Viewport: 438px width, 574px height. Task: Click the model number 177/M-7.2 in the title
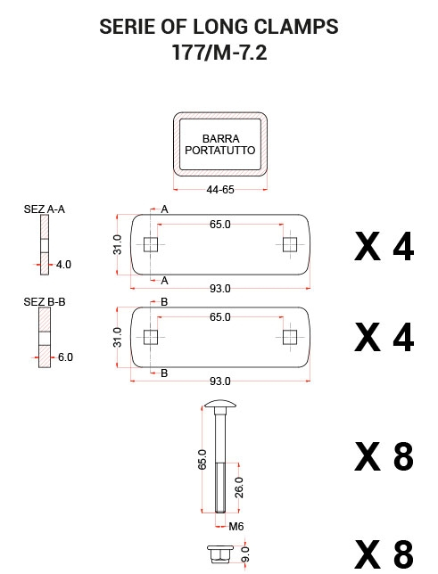219,53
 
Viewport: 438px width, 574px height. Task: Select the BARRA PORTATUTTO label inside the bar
220,144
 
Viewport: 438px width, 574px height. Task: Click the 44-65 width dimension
220,190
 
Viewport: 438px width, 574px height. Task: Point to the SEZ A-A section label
45,209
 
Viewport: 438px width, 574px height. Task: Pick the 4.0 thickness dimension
63,265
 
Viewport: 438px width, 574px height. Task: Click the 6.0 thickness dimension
65,357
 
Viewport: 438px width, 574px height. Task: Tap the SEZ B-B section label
45,301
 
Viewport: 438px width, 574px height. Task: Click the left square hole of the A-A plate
151,244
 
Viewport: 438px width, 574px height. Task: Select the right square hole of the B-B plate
290,337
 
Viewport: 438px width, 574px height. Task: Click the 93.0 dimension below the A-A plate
220,289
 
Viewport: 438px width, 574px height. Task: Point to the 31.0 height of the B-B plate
117,337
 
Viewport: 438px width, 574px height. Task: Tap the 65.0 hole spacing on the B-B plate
220,316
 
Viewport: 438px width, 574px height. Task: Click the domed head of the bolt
220,404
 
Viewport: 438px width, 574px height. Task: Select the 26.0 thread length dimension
238,488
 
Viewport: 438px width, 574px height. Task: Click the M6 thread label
236,527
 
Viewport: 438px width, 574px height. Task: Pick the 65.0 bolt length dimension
202,459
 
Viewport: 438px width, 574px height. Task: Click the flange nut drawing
220,553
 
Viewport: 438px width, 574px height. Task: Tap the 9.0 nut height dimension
245,554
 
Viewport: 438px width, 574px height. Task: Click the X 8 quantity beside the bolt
384,456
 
